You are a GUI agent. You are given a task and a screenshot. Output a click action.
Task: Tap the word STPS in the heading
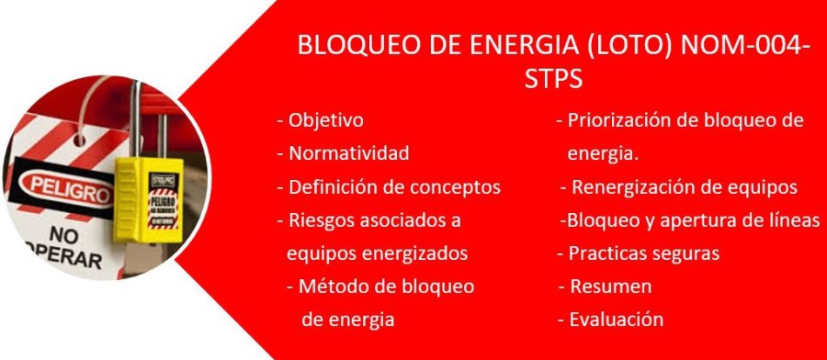(x=553, y=80)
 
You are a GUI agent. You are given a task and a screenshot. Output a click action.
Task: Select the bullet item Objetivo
(x=320, y=120)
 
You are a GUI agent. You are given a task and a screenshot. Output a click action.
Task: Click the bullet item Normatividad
(x=343, y=153)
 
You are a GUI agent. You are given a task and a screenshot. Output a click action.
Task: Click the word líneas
(x=793, y=219)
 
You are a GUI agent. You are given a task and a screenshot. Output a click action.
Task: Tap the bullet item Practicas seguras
(x=639, y=253)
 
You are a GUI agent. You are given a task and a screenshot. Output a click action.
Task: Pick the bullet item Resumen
(x=606, y=287)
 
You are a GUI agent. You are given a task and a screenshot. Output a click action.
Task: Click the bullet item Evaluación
(x=611, y=320)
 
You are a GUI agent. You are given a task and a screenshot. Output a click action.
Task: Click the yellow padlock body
(x=148, y=201)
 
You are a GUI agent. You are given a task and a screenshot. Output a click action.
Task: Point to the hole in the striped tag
(x=80, y=141)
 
